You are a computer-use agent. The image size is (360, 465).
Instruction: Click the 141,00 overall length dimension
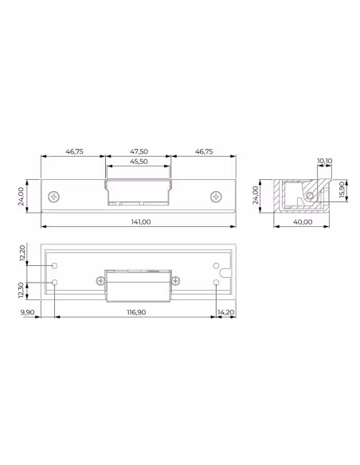click(x=141, y=222)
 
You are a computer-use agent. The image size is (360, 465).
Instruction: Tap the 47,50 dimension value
click(x=139, y=151)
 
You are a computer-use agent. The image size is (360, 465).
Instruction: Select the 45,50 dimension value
click(x=139, y=162)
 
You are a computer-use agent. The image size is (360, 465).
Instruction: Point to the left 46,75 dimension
click(x=74, y=151)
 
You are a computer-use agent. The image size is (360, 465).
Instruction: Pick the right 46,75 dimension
click(x=204, y=151)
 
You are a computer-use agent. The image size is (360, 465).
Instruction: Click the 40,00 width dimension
click(x=303, y=222)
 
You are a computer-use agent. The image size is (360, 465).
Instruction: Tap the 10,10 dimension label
click(x=325, y=161)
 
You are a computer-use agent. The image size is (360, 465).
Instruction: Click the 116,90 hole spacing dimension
click(x=136, y=312)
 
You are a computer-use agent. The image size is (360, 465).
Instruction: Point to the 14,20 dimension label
click(x=226, y=312)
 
